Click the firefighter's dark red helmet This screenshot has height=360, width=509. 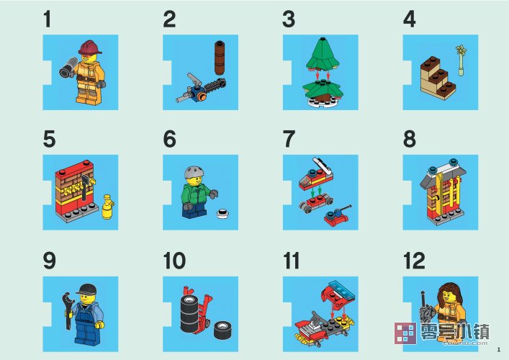point(90,48)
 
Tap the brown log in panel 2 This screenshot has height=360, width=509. point(220,58)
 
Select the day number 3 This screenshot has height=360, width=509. point(289,19)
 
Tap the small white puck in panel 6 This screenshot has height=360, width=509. point(222,214)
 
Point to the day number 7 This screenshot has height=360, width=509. point(289,139)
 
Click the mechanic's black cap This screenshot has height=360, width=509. point(86,289)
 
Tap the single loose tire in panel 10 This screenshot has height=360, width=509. point(223,330)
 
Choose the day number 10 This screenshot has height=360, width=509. point(175,261)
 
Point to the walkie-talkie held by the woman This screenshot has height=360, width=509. point(425,309)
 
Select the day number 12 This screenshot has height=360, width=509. point(414,261)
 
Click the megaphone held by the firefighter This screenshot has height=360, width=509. point(69,68)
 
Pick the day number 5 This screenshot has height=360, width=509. point(50,139)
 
